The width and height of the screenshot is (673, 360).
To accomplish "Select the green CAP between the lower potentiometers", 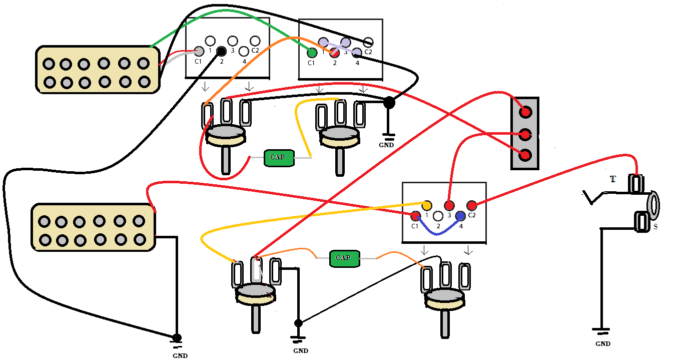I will point(343,258).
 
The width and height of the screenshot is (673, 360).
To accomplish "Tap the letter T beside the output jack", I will point(613,179).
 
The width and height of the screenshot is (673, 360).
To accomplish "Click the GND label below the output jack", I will point(602,344).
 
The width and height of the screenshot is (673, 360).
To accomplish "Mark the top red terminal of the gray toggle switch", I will point(525,112).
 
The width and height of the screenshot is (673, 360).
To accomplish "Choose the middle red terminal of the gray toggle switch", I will point(525,134).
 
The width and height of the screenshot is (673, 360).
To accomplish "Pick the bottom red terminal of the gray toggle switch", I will point(525,155).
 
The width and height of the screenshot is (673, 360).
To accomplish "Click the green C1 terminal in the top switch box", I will point(312,52).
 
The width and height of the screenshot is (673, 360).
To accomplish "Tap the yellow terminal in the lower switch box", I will point(427,205).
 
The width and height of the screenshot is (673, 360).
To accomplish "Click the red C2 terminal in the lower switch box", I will point(471,205).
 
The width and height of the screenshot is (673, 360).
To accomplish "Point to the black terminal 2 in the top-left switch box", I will point(221,51).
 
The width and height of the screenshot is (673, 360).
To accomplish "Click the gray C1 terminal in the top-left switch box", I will point(199,51).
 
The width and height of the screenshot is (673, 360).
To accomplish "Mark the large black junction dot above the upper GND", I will point(388,103).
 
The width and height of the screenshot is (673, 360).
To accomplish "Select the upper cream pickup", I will point(98,70).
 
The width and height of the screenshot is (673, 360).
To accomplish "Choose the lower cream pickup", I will point(94,227).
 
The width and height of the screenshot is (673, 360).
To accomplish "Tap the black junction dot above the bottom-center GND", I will point(298,323).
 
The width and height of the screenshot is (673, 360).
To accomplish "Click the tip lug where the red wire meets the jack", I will point(637,184).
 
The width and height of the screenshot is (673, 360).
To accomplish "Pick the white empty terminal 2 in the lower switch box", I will point(438,216).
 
